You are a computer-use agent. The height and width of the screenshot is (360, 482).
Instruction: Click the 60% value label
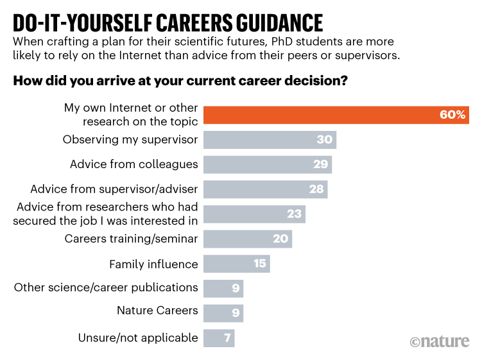[x=452, y=115]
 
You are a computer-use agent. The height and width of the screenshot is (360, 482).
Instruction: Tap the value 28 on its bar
[x=317, y=189]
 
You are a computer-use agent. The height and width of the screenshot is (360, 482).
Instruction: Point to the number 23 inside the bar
[x=295, y=214]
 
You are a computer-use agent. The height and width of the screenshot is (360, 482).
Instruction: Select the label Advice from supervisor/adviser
[x=114, y=189]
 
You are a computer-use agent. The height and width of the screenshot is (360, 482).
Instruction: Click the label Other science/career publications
[x=106, y=287]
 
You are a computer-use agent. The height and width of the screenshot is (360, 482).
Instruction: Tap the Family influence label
[x=153, y=264]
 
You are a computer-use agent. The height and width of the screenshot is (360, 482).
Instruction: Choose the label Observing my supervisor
[x=130, y=140]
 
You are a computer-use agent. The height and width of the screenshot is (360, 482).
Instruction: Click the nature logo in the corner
[x=440, y=341]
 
